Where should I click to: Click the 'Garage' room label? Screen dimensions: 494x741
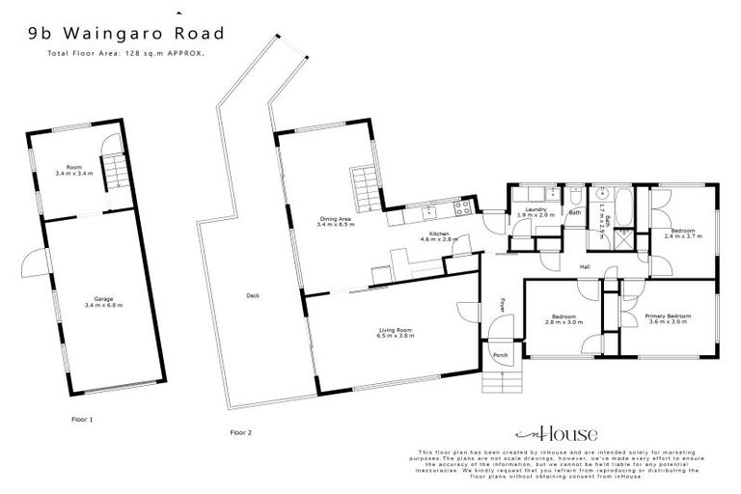click(96, 298)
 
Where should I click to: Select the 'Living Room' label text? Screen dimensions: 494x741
click(396, 330)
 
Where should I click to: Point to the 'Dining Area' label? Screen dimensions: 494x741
click(337, 218)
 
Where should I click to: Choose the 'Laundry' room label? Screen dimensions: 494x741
click(537, 209)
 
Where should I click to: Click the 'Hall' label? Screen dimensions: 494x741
click(584, 266)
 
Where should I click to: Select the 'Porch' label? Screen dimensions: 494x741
click(500, 355)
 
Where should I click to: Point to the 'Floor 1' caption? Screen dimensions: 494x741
click(83, 419)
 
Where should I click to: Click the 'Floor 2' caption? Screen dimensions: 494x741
click(240, 432)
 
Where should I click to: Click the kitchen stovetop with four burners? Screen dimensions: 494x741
click(461, 205)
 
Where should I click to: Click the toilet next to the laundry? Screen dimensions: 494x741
click(576, 193)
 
